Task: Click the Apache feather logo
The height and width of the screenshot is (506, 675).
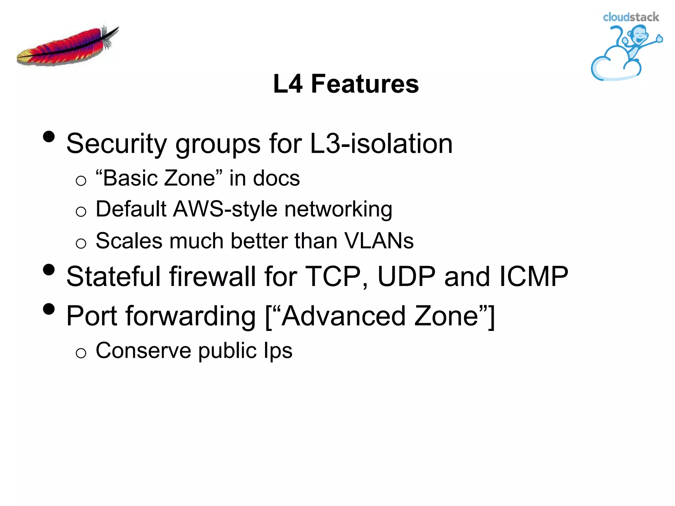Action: click(68, 46)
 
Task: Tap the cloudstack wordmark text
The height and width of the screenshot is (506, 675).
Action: click(631, 17)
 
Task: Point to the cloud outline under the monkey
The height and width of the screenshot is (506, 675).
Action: click(610, 68)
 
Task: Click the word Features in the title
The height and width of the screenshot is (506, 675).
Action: click(365, 84)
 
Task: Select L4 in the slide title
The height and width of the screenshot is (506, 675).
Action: click(288, 84)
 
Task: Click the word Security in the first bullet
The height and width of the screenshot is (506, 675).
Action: click(117, 144)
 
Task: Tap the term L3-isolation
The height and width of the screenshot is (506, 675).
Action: click(381, 144)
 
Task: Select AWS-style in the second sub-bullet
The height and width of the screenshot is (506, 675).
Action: click(225, 209)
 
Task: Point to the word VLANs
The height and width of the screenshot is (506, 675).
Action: click(379, 241)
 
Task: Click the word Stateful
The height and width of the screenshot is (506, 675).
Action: click(113, 277)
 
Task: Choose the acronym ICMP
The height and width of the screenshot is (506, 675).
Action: click(534, 277)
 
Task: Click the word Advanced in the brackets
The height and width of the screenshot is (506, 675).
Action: click(343, 316)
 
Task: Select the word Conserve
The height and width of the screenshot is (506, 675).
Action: click(143, 351)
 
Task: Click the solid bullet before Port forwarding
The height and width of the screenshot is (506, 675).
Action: click(49, 309)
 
